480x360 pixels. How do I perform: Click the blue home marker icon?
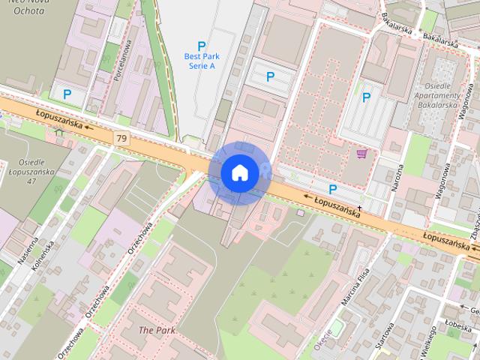click(x=239, y=172)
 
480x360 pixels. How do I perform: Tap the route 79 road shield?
click(x=121, y=138)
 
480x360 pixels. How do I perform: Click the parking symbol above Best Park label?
click(x=200, y=46)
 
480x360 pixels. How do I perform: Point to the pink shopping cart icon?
click(x=362, y=153)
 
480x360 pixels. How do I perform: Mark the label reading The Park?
click(x=156, y=330)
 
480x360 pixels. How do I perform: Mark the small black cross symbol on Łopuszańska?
click(x=359, y=207)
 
